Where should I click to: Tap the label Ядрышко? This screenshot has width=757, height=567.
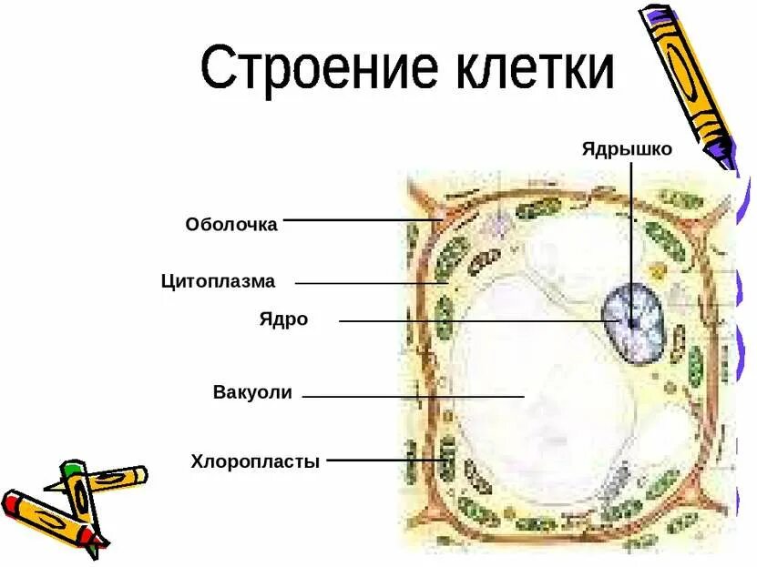coord(627,148)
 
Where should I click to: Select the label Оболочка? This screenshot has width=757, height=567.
coord(231,224)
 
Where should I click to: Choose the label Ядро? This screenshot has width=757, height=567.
coord(283,319)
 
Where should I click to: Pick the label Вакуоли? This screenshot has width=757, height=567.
coord(252,393)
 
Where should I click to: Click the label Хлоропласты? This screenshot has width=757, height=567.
coord(255,461)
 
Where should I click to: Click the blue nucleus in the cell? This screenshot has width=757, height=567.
coord(632,321)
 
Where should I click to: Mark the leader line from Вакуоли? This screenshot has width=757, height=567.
coord(410,396)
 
